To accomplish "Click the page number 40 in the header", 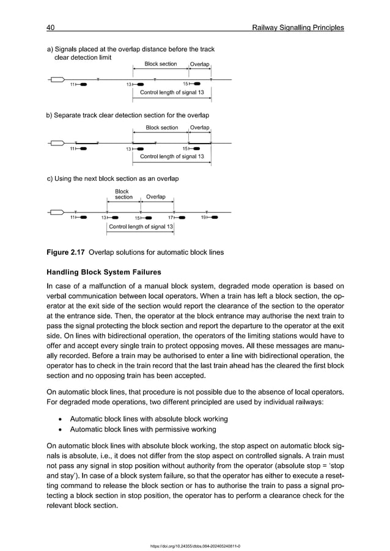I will (x=51, y=27).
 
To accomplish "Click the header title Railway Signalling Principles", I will (x=298, y=27).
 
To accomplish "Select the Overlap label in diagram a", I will (x=199, y=64).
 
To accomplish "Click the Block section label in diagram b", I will (x=161, y=128).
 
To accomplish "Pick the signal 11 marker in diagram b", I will (x=78, y=148).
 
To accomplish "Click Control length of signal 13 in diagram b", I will (x=172, y=156).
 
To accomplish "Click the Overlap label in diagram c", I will (x=155, y=197).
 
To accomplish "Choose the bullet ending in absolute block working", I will (x=149, y=419).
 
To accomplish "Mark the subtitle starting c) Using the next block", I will (x=112, y=179).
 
